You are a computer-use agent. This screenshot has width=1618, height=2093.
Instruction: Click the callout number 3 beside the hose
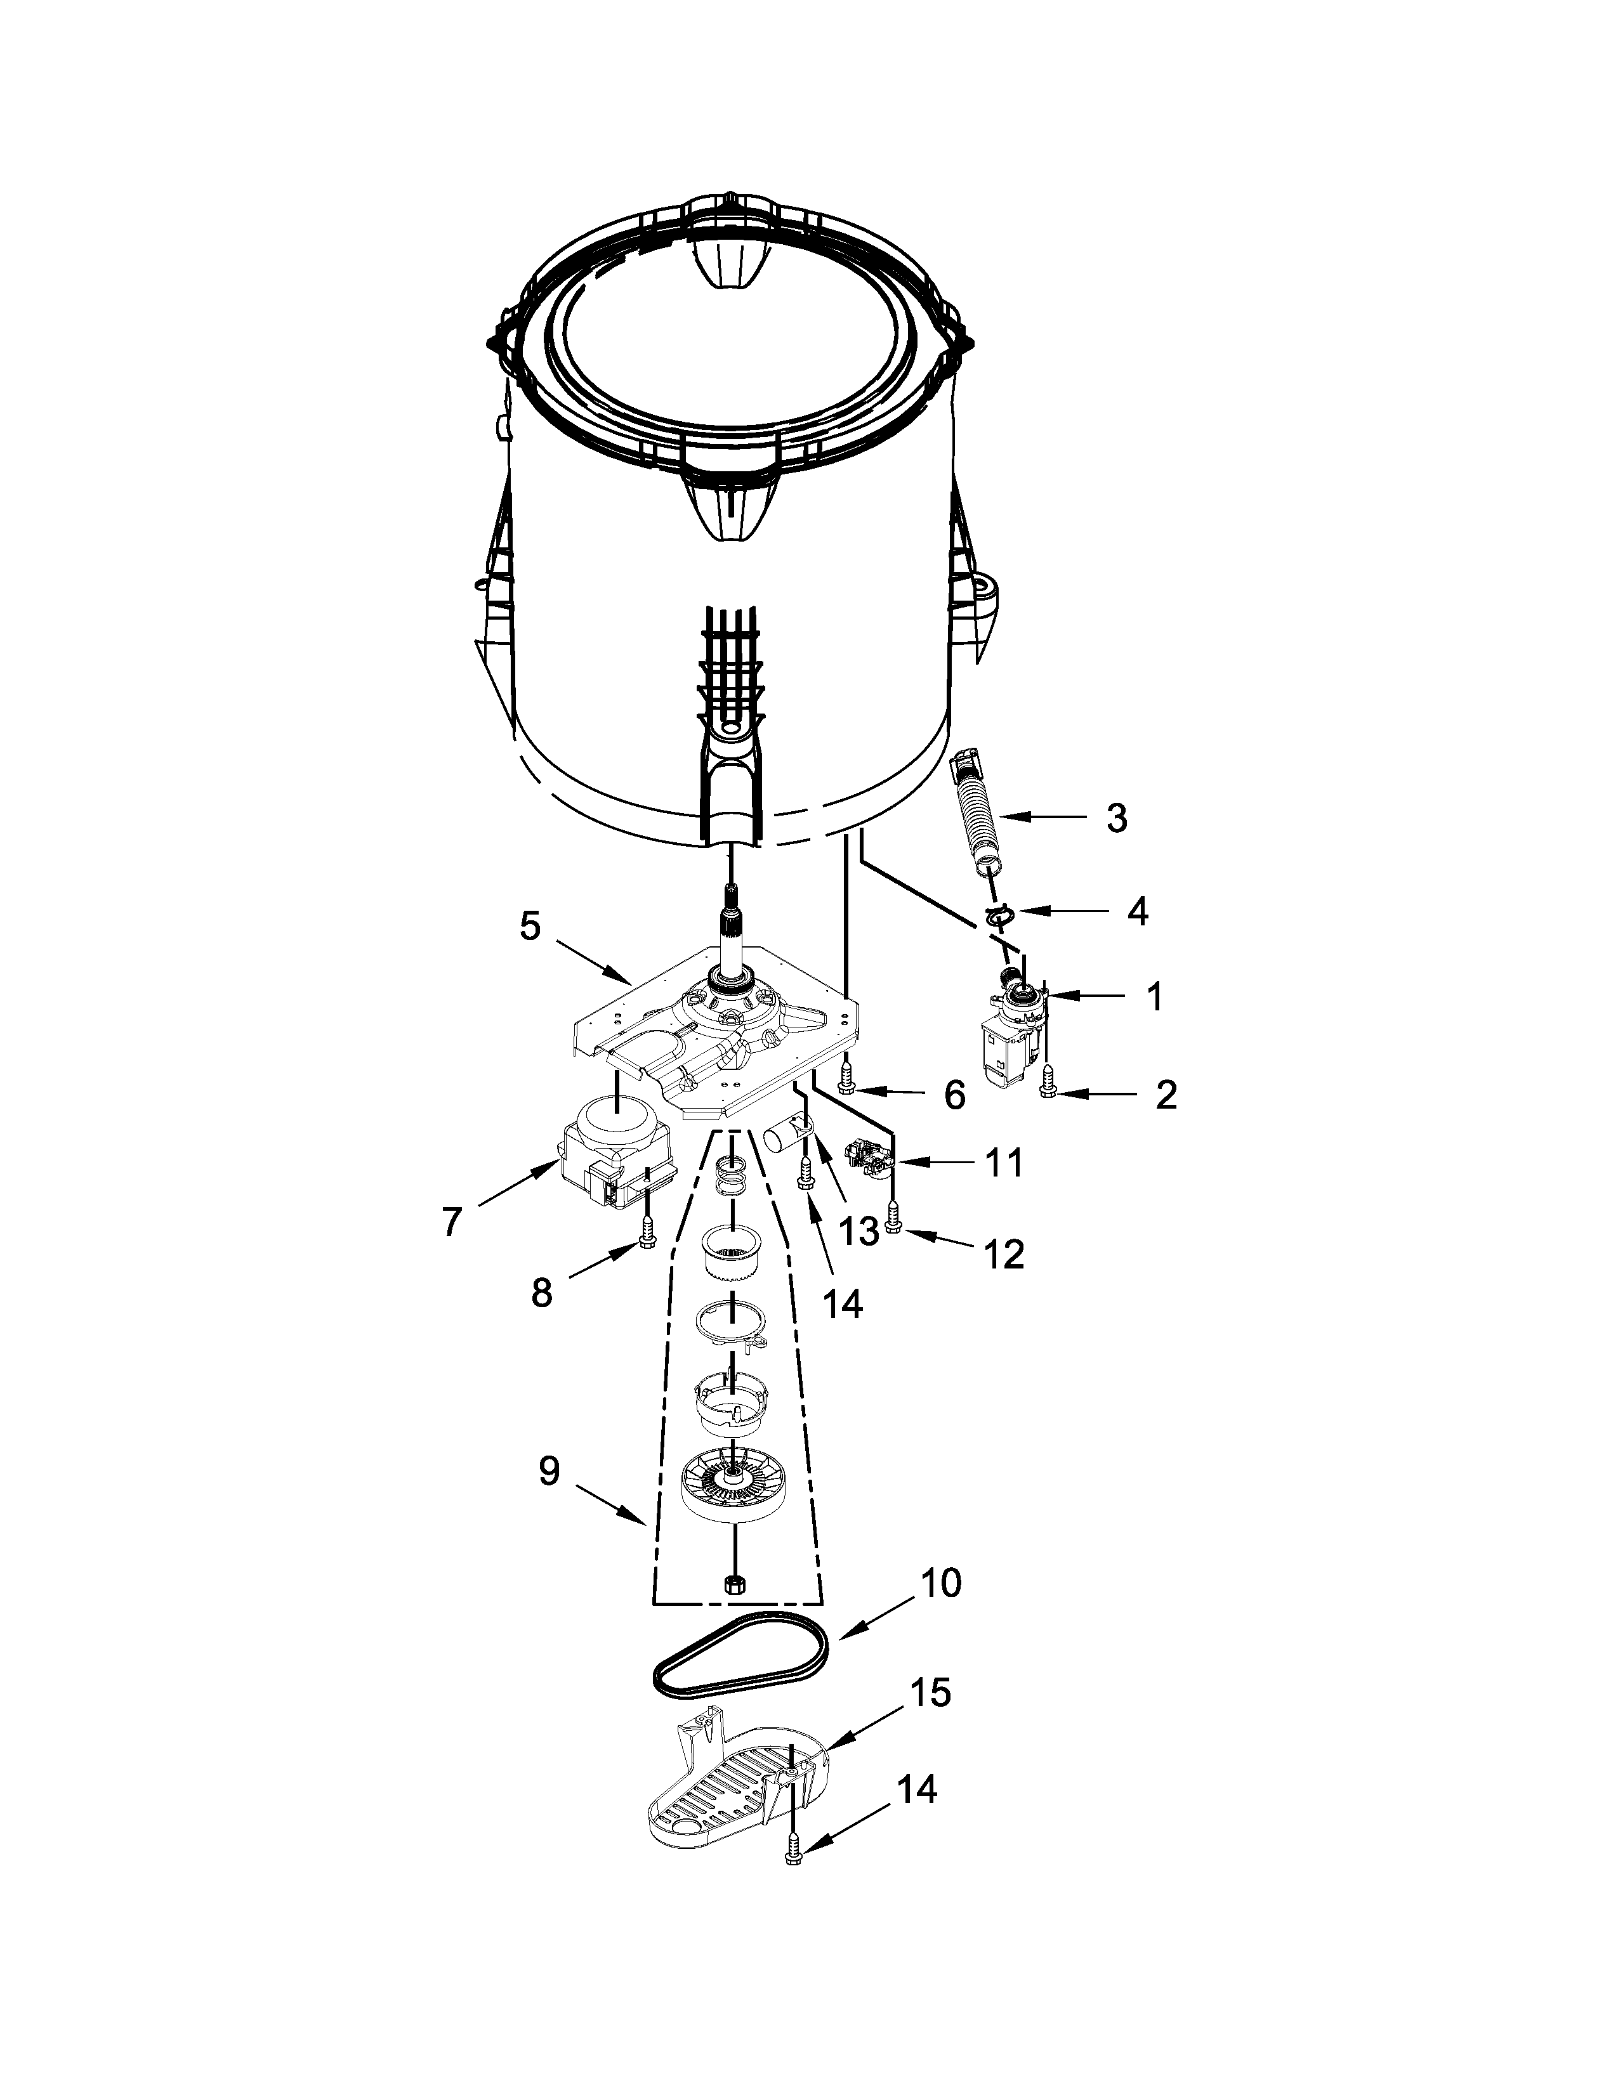(x=1115, y=818)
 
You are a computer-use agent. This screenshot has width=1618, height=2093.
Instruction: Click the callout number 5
(x=530, y=926)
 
